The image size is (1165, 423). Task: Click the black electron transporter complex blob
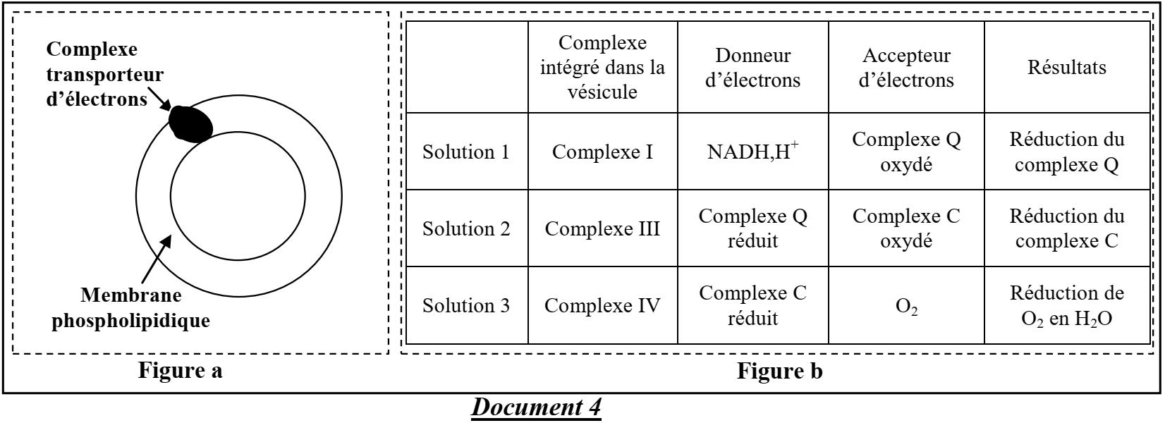coord(190,123)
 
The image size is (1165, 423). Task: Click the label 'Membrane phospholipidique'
coord(131,308)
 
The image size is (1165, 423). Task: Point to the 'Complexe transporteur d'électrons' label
coord(105,75)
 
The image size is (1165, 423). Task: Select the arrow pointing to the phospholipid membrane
coord(154,262)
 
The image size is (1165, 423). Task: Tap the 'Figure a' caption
coord(180,370)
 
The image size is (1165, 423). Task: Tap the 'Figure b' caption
coord(779,370)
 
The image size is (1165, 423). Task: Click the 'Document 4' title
coord(536,407)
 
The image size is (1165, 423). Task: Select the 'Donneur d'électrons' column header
coord(752,68)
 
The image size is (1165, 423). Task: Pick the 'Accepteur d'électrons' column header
coord(906,68)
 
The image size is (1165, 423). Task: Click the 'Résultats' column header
coord(1066,68)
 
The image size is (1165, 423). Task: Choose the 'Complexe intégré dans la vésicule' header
coord(602,68)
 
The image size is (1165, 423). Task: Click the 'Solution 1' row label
coord(465,152)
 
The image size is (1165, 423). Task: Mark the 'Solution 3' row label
coord(465,306)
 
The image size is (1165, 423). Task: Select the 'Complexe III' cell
coord(602,229)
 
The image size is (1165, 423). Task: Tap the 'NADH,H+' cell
coord(752,152)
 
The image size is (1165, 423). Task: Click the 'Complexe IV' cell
coord(602,306)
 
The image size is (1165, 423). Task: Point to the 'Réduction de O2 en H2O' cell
coord(1066,306)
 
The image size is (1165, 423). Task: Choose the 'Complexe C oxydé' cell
coord(906,229)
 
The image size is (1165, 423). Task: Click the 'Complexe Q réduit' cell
coord(752,229)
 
